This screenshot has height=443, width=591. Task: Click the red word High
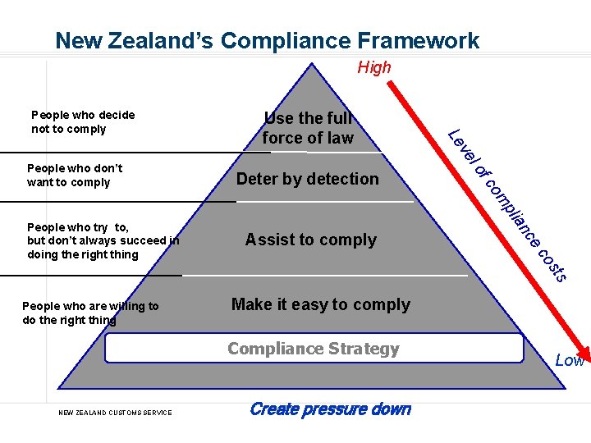click(x=374, y=67)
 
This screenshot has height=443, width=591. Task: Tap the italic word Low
click(x=570, y=360)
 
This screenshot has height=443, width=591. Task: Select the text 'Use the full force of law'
click(x=308, y=128)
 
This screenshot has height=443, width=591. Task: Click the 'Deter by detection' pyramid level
click(x=308, y=179)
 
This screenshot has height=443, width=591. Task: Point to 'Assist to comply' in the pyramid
click(x=310, y=240)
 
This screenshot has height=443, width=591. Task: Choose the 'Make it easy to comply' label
click(x=321, y=304)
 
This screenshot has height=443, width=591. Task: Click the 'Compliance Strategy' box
click(x=314, y=349)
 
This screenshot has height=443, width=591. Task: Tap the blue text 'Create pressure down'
click(x=330, y=409)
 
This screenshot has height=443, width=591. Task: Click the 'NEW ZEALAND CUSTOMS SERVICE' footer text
click(x=115, y=412)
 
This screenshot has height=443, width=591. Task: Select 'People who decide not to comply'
click(x=82, y=121)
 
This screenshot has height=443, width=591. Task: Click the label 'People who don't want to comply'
click(x=75, y=175)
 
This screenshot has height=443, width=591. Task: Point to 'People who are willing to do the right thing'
click(x=90, y=313)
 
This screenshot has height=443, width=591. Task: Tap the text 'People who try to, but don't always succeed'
click(x=103, y=240)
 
